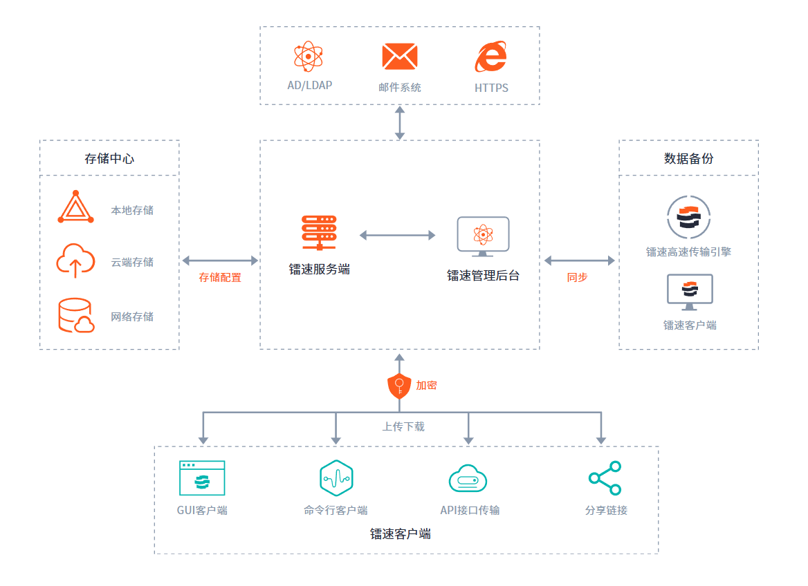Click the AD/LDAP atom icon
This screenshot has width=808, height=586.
pyautogui.click(x=309, y=57)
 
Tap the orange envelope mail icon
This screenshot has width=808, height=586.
pyautogui.click(x=400, y=57)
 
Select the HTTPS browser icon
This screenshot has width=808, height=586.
pyautogui.click(x=490, y=57)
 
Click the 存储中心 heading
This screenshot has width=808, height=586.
pyautogui.click(x=109, y=158)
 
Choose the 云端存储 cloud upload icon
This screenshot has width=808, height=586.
pyautogui.click(x=75, y=261)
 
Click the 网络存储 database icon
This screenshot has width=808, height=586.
pyautogui.click(x=75, y=315)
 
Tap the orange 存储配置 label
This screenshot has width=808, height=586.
pyautogui.click(x=220, y=278)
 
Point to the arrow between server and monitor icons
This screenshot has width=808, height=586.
pyautogui.click(x=398, y=236)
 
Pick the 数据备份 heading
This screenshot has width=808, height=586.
pyautogui.click(x=688, y=158)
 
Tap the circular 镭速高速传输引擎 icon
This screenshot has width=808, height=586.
pyautogui.click(x=688, y=216)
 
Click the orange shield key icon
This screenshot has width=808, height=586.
pyautogui.click(x=399, y=386)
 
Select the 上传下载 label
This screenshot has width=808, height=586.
pyautogui.click(x=403, y=427)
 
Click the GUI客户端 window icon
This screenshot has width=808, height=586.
pyautogui.click(x=202, y=478)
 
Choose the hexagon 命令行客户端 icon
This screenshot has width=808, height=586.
pyautogui.click(x=336, y=478)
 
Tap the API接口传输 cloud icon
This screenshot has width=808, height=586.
pyautogui.click(x=468, y=478)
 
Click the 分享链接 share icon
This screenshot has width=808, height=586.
pyautogui.click(x=605, y=478)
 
